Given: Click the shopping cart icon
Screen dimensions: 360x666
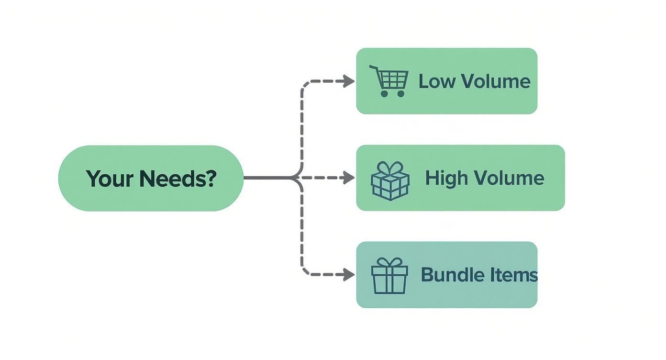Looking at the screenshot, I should click(389, 80).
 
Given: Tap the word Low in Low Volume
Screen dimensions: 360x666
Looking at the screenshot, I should click(433, 81).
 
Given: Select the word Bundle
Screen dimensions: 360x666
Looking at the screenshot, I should click(446, 275).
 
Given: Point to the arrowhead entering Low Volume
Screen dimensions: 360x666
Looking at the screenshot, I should click(350, 81).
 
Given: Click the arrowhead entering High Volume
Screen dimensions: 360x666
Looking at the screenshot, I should click(350, 178).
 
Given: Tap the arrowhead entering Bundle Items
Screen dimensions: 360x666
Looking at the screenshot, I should click(350, 275).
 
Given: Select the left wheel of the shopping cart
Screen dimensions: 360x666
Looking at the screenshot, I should click(384, 93).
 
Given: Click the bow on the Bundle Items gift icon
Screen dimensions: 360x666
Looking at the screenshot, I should click(389, 262).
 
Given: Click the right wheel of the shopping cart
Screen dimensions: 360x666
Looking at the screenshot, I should click(401, 93).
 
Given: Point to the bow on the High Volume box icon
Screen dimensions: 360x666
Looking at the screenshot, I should click(390, 168).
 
